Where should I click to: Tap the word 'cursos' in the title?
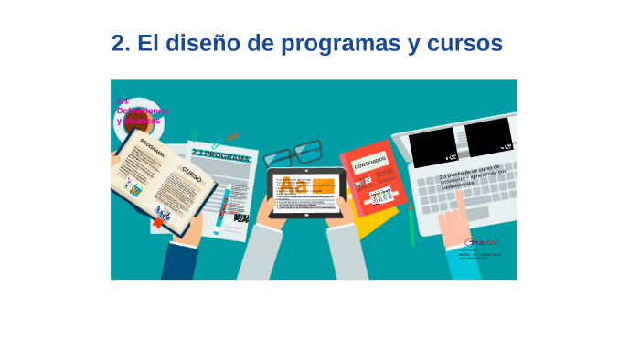[x=465, y=43]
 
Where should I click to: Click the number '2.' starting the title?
[x=121, y=43]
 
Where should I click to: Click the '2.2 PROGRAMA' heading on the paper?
[x=221, y=156]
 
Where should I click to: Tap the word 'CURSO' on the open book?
[x=191, y=174]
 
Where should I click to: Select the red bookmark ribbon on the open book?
[x=158, y=222]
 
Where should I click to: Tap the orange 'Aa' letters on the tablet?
[x=293, y=187]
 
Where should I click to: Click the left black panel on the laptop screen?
[x=432, y=146]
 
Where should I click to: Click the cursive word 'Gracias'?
[x=482, y=242]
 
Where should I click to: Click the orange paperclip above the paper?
[x=232, y=137]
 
